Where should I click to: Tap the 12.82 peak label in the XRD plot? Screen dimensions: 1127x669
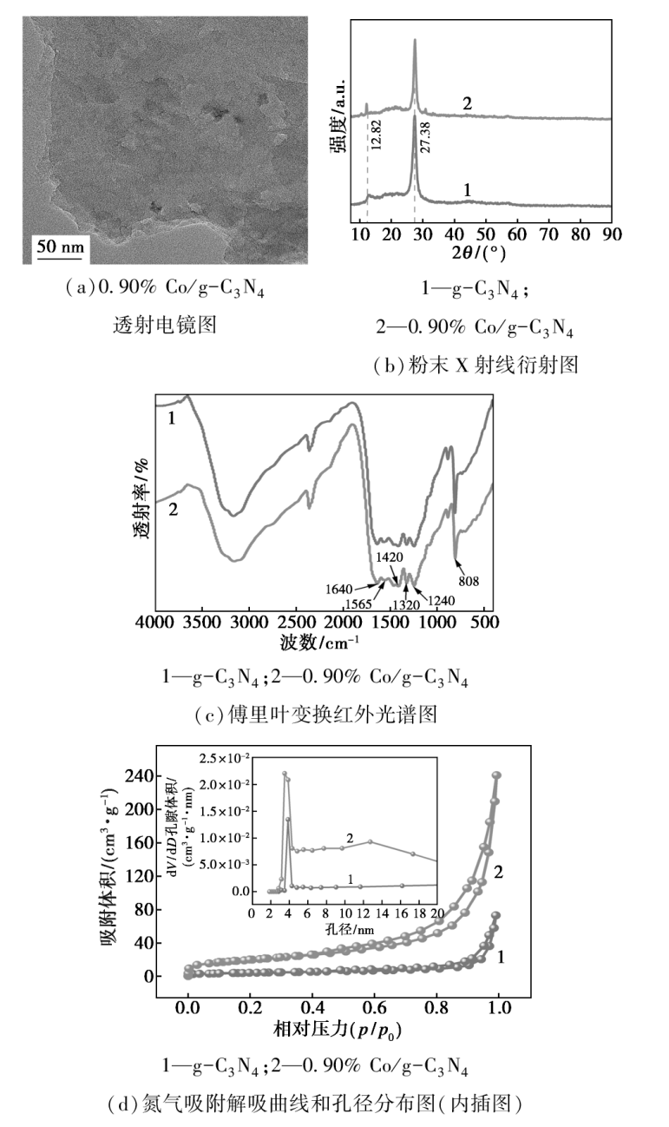tap(375, 136)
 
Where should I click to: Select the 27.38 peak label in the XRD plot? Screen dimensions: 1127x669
tap(424, 137)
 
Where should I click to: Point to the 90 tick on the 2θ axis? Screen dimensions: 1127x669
tap(612, 234)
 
